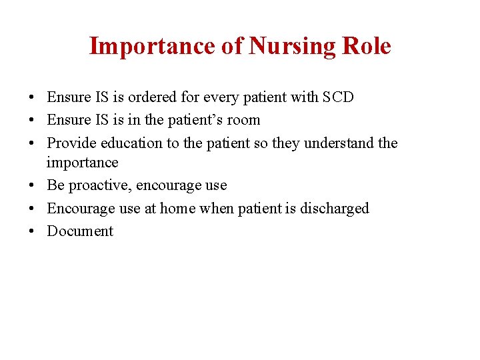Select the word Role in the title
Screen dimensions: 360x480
(366, 47)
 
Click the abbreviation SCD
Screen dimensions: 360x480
(337, 97)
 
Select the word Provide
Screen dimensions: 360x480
(71, 143)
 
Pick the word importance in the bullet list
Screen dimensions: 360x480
(82, 163)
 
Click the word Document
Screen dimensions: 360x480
(80, 231)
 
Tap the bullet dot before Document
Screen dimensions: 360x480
(33, 232)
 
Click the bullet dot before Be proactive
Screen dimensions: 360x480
(33, 186)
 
